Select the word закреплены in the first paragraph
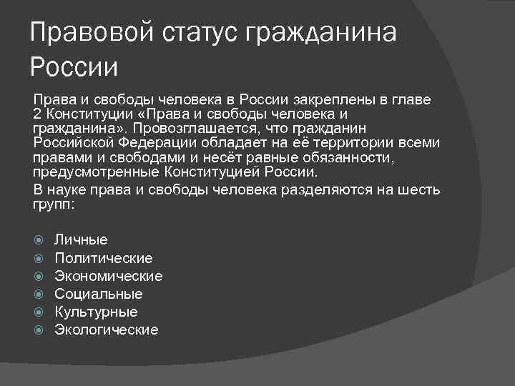coord(328,99)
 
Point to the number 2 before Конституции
coord(36,114)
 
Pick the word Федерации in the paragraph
coord(156,143)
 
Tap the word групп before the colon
coord(54,204)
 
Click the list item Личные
coord(81,240)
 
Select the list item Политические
coord(103,258)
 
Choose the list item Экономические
coord(108,276)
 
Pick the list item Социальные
coord(98,294)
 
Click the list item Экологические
coord(106,330)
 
